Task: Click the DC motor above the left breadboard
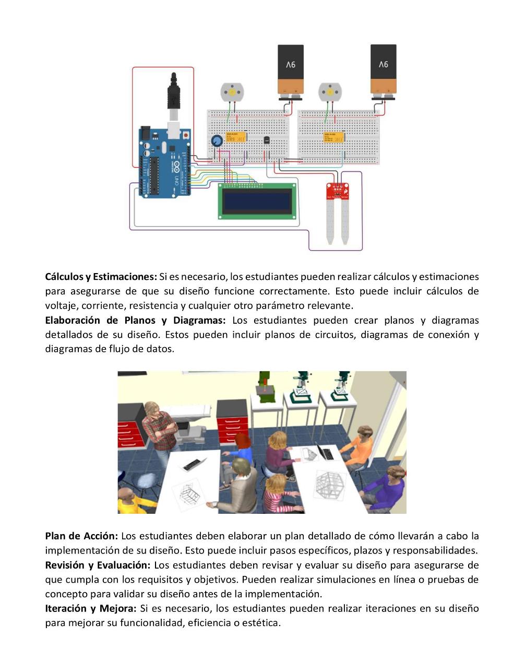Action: pyautogui.click(x=231, y=92)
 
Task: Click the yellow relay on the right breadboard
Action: pyautogui.click(x=333, y=137)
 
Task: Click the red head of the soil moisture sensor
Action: pyautogui.click(x=337, y=191)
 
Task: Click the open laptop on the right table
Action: pyautogui.click(x=324, y=451)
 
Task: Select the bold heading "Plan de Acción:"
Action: pyautogui.click(x=81, y=536)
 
